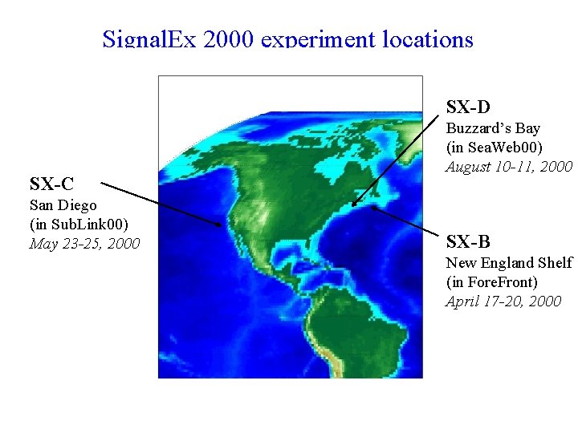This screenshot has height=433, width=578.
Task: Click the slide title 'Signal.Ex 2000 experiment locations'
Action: [287, 39]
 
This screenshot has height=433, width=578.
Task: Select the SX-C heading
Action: [51, 184]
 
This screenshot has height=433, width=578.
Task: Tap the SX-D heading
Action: [468, 107]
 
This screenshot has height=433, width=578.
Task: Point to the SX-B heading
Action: [468, 241]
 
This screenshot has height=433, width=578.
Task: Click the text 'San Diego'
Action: [63, 205]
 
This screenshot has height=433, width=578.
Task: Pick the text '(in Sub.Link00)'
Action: [79, 224]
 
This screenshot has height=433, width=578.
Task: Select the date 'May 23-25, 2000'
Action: [84, 243]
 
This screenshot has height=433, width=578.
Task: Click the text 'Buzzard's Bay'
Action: [493, 128]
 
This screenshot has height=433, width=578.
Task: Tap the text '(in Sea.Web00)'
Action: [495, 148]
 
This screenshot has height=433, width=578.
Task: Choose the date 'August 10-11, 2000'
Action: [509, 167]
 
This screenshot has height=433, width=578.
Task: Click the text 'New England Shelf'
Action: [509, 263]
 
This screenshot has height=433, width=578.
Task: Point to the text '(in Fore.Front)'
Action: [492, 282]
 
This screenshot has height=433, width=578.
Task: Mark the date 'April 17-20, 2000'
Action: [503, 301]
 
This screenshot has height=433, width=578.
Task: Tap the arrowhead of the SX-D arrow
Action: [354, 204]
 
